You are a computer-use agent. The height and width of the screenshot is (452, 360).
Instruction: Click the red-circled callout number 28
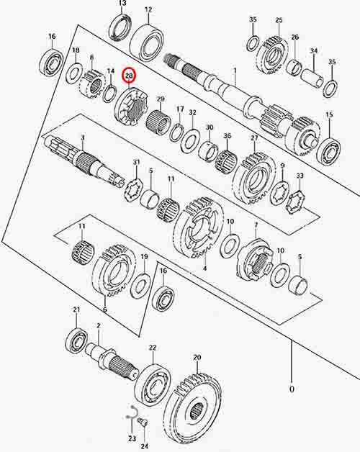[129, 76]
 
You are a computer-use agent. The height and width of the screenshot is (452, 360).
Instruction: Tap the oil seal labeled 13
[121, 27]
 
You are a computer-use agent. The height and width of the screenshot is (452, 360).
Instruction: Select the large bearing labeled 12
[147, 42]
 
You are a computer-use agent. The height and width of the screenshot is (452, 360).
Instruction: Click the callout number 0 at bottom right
[292, 389]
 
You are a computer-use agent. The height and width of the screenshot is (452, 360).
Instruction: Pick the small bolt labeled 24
[143, 423]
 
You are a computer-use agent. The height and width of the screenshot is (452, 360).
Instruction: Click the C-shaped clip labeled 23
[132, 412]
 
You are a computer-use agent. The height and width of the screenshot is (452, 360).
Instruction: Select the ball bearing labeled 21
[76, 341]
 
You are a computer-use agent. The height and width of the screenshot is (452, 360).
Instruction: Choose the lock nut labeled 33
[296, 203]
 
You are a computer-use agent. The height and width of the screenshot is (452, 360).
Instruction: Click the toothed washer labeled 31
[135, 189]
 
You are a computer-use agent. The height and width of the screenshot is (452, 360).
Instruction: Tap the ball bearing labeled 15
[328, 152]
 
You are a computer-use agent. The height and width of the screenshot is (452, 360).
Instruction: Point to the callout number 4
[204, 268]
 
